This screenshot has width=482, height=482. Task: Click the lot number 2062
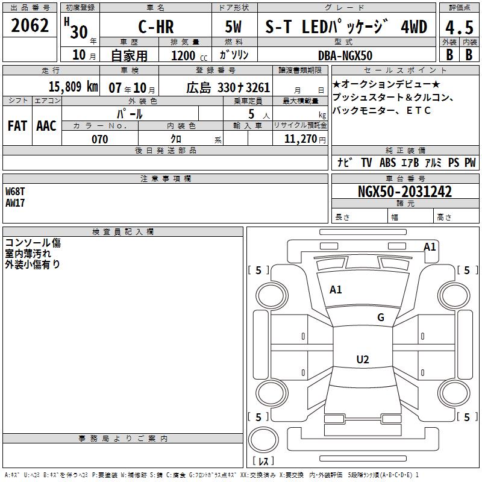[30, 26]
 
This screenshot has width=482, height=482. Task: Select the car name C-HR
[155, 27]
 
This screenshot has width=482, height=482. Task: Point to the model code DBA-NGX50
[345, 55]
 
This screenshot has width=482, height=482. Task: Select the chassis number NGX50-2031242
[404, 192]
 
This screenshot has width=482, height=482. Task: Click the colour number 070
[99, 139]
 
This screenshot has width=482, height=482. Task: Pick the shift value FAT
[17, 126]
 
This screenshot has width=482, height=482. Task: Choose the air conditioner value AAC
[46, 126]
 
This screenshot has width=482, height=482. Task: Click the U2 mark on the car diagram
[362, 360]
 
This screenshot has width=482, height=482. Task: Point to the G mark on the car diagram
[380, 318]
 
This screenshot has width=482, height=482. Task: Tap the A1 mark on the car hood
[336, 290]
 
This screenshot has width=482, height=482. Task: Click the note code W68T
[15, 192]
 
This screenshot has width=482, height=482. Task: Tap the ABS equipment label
[387, 163]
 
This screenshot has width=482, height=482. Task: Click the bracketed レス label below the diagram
[263, 462]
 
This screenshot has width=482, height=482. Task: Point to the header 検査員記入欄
[123, 232]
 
